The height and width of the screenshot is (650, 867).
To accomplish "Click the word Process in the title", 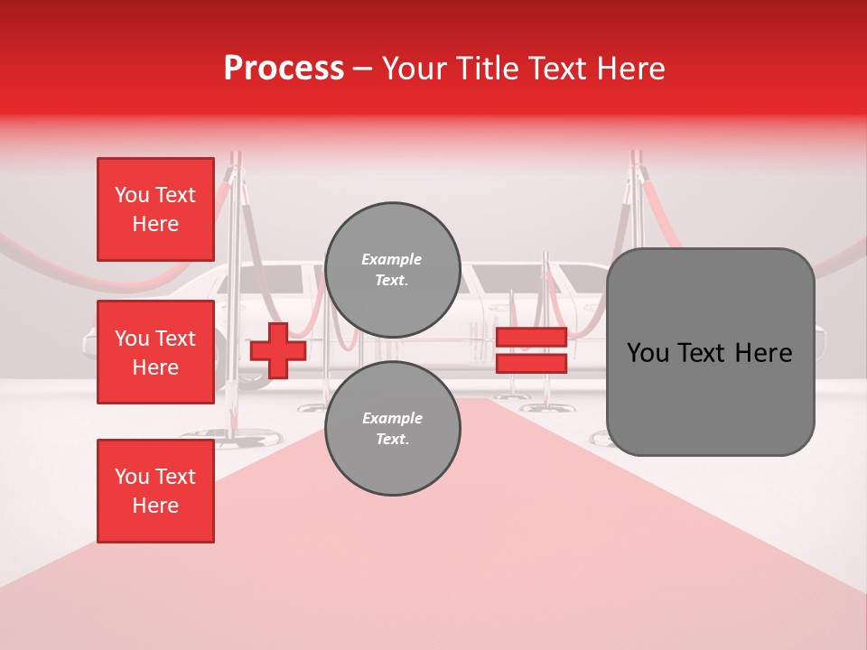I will [284, 69].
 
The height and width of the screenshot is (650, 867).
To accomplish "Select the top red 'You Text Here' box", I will [155, 209].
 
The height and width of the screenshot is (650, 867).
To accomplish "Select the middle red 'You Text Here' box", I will [155, 352].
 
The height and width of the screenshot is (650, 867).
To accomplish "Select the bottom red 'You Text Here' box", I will [155, 490].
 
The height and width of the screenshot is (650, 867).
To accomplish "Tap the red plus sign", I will [278, 350].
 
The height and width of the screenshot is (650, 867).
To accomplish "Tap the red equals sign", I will [531, 350].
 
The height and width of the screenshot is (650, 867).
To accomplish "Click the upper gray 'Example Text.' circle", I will [392, 270].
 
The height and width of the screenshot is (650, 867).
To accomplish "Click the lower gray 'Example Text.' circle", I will [392, 429].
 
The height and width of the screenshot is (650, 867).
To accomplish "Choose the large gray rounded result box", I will [710, 351].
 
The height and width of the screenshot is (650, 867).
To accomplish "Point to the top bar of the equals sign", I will [531, 338].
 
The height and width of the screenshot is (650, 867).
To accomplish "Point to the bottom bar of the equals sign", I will [531, 363].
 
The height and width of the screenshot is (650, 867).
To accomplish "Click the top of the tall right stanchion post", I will [638, 159].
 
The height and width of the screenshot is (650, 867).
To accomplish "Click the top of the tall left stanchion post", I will [237, 160].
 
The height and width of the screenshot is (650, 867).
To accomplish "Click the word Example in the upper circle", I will [392, 259].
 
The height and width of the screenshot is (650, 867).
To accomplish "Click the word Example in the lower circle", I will [392, 418].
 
